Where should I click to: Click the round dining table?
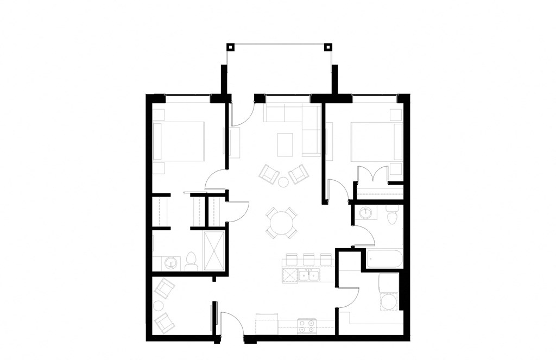coord(281,222)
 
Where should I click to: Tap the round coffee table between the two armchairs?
coord(283,181)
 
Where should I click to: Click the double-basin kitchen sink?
coord(310,275)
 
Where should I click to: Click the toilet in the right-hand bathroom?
coord(390,214)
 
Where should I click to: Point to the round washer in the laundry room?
coord(388,301)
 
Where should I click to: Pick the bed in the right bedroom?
coord(376,141)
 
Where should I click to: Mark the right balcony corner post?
coord(327,46)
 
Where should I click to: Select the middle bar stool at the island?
coord(309,259)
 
